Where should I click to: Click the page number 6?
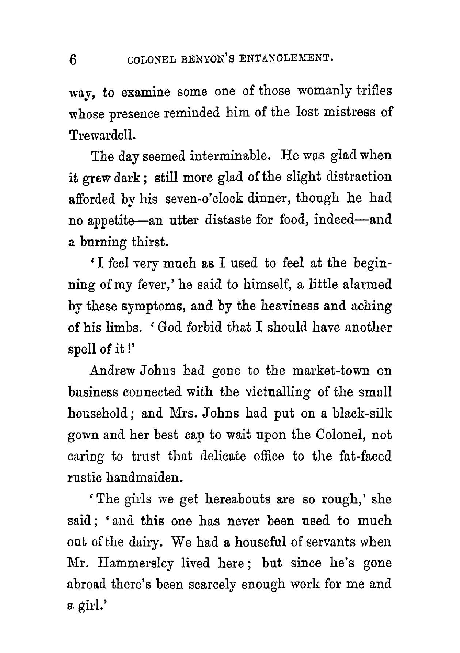click(73, 59)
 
